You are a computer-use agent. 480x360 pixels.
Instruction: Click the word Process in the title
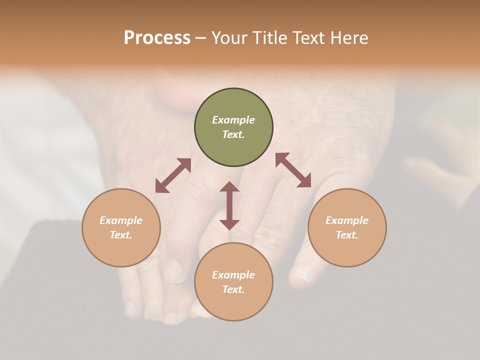(157, 38)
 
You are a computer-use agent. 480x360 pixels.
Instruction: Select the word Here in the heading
(349, 38)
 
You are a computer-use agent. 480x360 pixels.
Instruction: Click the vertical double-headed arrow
(229, 205)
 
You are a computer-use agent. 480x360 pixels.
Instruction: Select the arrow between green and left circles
(173, 175)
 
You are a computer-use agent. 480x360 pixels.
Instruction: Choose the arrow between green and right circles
(293, 170)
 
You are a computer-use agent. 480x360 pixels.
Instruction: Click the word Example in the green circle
(233, 120)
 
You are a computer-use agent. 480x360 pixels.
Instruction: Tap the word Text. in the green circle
(233, 134)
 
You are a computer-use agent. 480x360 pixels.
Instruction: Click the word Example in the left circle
(121, 220)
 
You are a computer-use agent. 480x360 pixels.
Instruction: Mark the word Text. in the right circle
(347, 235)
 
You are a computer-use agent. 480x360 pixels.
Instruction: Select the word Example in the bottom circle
(233, 275)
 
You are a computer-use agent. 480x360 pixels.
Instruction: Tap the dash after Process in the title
(200, 38)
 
